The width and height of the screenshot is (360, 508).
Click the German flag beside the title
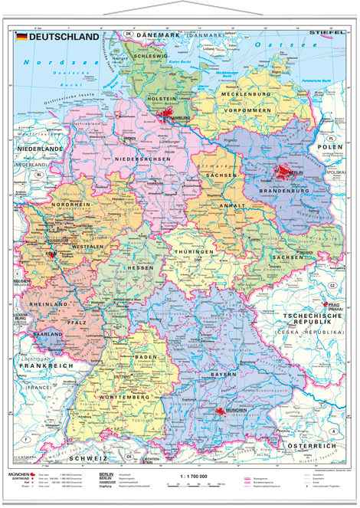[22, 37]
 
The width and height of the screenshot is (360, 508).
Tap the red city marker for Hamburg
[169, 116]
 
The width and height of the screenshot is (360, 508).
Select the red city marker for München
[221, 411]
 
